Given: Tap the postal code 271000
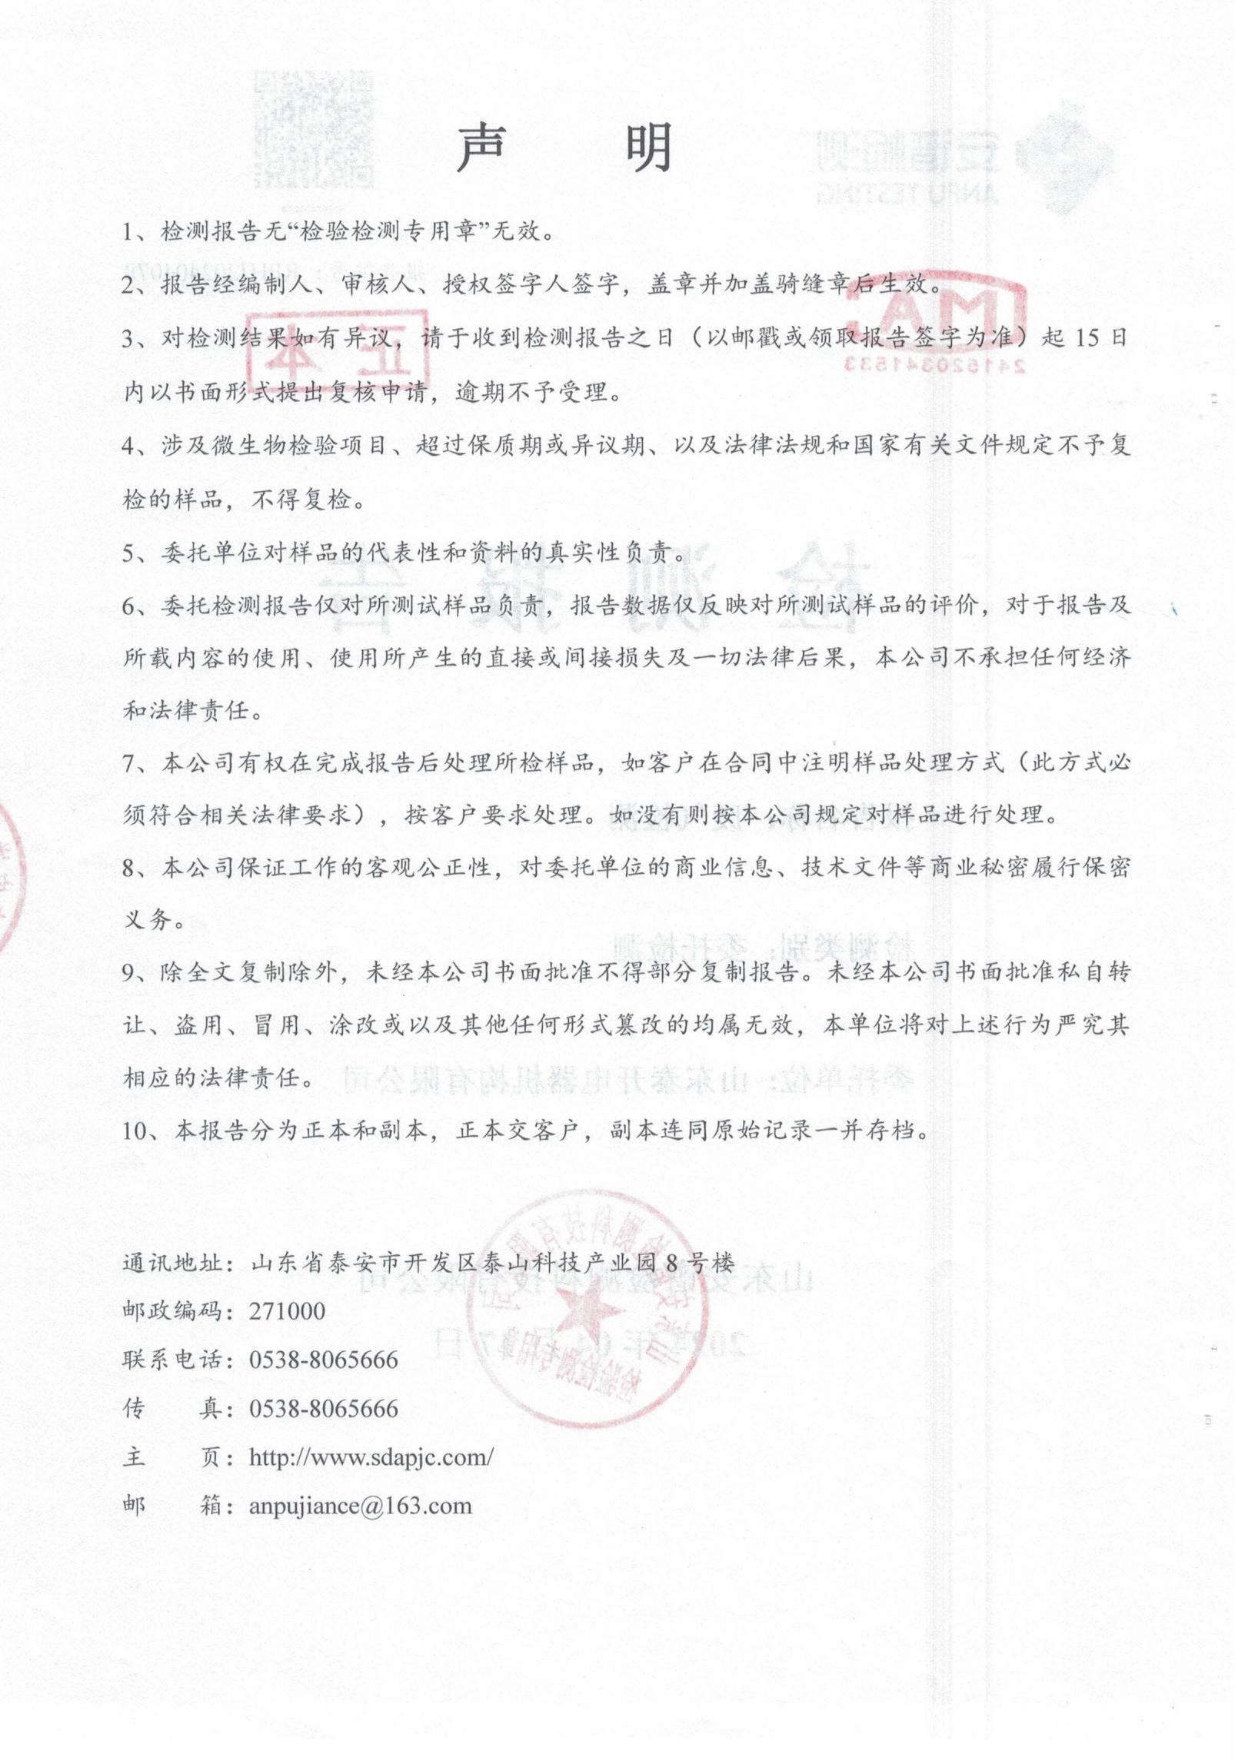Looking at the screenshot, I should (287, 1311).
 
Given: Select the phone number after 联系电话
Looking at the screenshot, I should (323, 1360).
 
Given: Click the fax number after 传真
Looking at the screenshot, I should (323, 1409).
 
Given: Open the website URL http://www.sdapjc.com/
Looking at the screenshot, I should (371, 1457).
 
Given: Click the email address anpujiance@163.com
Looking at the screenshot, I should (360, 1506).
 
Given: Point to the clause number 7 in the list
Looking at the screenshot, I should (130, 763).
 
